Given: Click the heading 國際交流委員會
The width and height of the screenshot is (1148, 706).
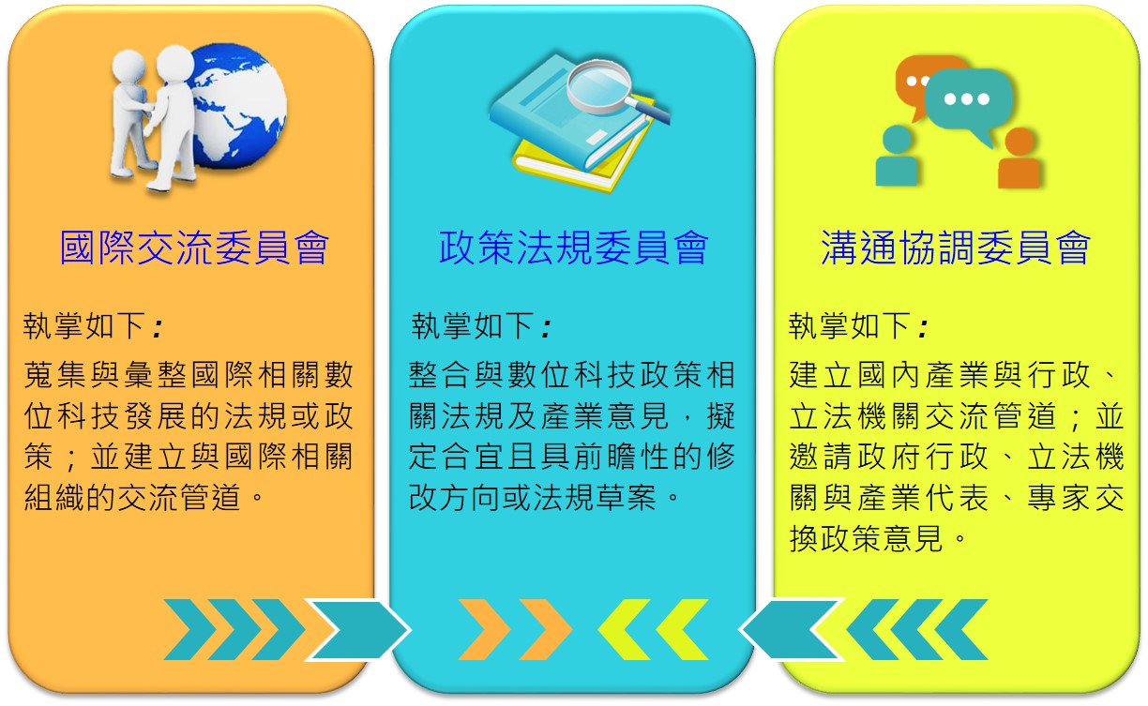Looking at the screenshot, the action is coord(194,248).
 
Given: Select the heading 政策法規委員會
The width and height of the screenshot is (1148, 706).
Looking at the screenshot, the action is coord(573,248).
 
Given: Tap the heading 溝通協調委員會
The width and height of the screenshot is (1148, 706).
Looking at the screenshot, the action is coord(956,248).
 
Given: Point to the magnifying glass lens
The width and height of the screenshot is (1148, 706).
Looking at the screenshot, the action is coord(599,83).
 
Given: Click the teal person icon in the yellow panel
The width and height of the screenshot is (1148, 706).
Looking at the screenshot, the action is coord(897,156).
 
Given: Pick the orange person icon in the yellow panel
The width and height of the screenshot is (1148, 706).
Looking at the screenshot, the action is coord(1020,158).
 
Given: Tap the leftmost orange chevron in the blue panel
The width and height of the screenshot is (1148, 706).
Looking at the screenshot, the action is coord(484,630).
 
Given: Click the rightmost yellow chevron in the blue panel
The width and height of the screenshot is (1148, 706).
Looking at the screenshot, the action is coord(682,630).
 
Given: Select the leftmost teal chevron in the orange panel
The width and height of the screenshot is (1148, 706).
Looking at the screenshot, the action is coord(189,630).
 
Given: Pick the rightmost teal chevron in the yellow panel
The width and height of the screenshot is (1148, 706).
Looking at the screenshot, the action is coord(962,630).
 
